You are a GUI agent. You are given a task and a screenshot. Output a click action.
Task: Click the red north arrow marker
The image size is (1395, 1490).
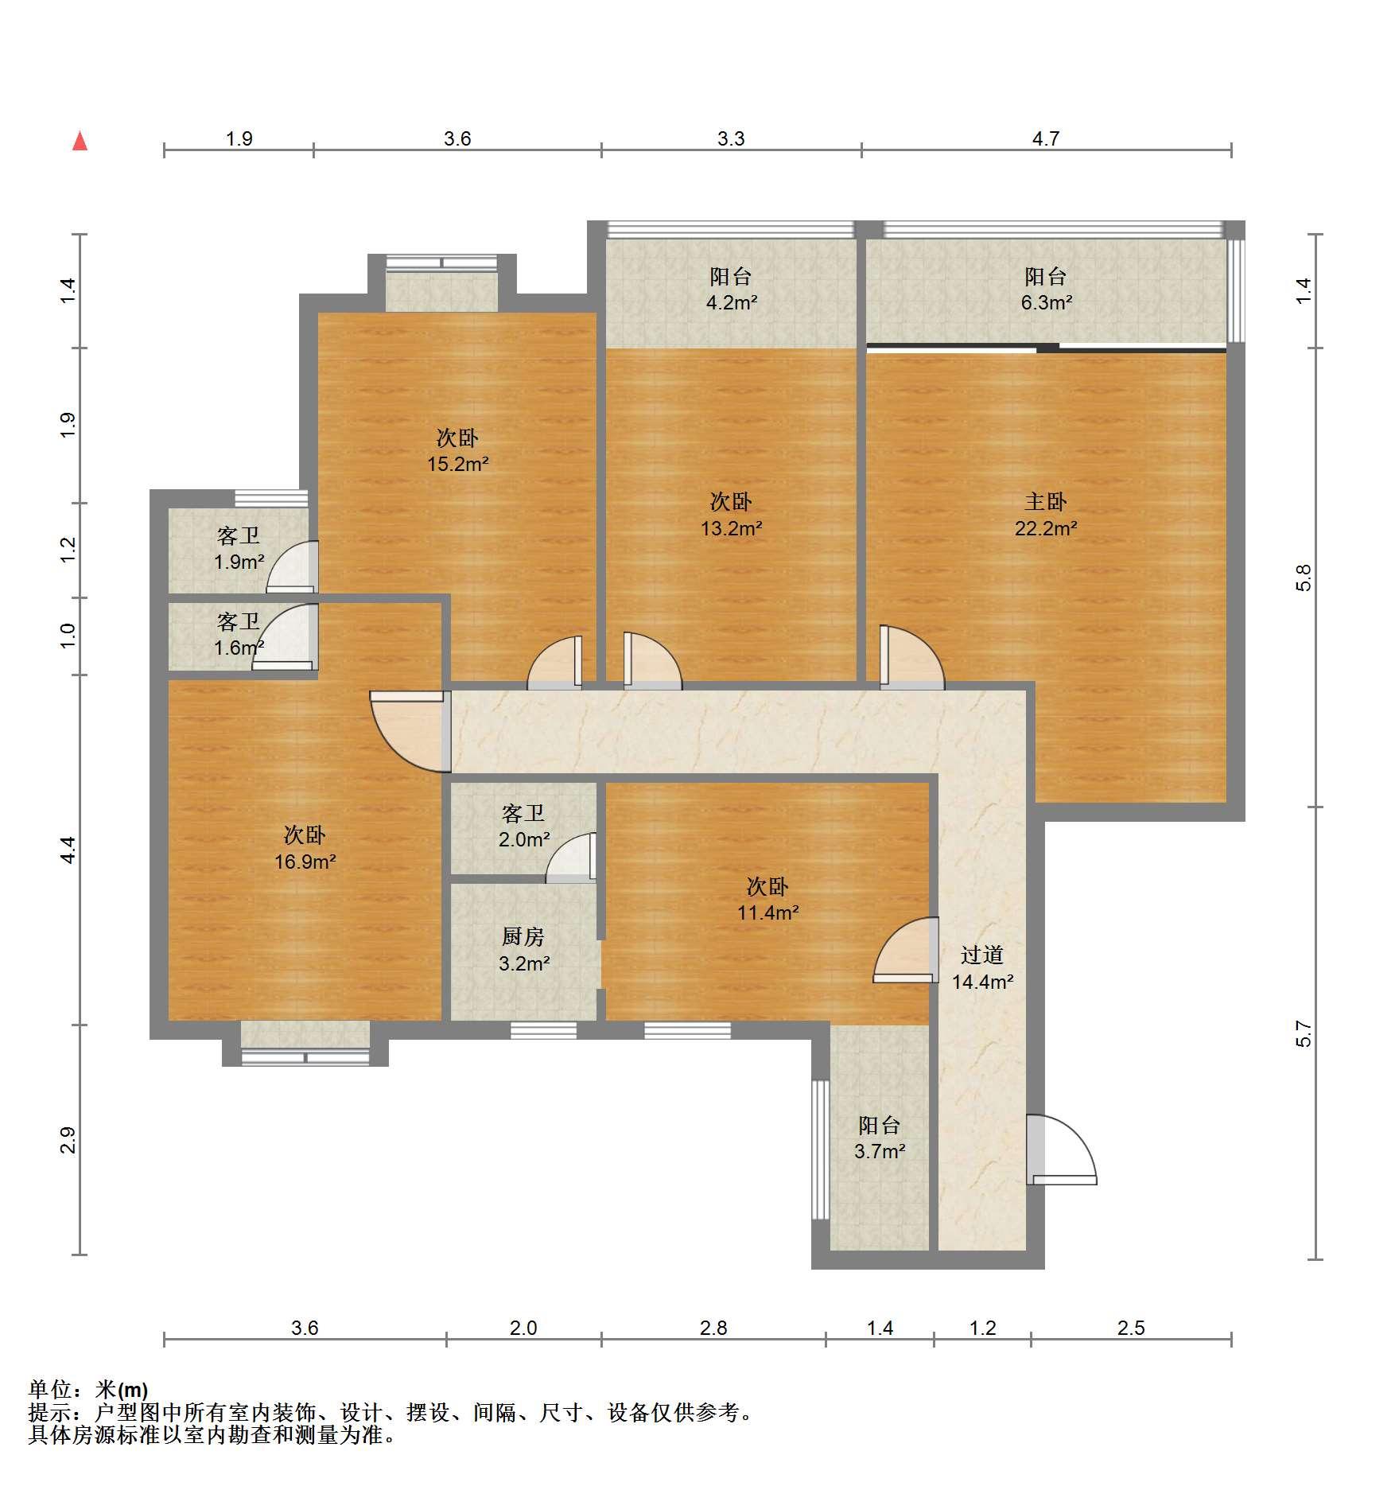80,141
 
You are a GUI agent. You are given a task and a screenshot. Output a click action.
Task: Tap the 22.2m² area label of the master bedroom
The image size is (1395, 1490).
1046,528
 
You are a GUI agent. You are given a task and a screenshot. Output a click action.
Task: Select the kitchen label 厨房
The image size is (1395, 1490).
523,937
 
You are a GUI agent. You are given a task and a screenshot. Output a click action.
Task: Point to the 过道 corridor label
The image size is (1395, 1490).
982,955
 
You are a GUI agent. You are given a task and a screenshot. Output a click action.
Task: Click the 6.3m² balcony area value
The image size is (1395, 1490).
1047,303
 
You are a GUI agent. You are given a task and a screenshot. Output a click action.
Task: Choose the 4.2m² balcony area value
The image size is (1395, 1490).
732,303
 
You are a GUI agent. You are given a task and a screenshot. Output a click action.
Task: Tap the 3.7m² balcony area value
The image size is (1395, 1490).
880,1151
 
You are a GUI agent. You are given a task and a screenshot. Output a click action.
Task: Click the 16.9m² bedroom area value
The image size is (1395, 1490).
305,862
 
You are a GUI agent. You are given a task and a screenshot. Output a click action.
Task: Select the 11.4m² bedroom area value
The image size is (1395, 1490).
768,912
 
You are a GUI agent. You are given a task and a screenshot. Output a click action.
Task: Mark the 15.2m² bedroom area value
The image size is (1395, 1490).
458,464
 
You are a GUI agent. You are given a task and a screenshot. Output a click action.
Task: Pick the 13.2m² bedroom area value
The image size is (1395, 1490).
732,528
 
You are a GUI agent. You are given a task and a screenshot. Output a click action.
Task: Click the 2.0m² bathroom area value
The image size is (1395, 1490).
524,839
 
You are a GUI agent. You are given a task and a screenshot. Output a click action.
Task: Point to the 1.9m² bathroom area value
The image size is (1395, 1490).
239,562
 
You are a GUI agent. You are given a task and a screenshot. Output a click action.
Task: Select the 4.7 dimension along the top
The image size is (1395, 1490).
1046,139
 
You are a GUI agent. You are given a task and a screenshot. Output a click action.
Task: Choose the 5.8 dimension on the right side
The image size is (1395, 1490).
1303,578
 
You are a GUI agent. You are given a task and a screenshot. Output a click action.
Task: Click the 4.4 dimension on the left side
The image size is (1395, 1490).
68,850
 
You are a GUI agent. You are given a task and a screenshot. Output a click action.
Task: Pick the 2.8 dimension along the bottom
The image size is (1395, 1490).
713,1328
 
